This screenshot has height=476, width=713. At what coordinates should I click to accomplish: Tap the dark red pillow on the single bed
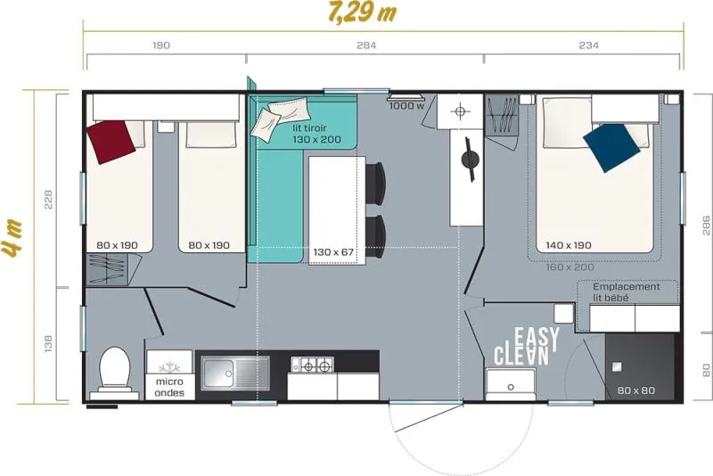point(111,142)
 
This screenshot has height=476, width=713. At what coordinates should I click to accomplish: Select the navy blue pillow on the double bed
point(611,147)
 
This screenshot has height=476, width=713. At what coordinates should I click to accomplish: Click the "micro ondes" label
point(169,388)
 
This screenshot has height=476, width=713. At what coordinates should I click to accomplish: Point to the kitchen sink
point(235,373)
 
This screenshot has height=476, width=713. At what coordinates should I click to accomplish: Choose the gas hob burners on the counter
point(312,365)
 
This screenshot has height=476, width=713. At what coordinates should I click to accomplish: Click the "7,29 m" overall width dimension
point(362,13)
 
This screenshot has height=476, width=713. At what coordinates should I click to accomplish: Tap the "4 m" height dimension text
point(12,244)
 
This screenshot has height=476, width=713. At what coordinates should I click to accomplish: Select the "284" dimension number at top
point(366,45)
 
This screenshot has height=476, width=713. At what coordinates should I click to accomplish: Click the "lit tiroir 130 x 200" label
point(316,134)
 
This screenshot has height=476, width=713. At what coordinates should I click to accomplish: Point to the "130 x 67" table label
point(333,252)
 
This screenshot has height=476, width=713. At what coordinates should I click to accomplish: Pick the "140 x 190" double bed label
point(569,245)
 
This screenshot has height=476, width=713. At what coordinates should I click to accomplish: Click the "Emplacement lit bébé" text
point(627,292)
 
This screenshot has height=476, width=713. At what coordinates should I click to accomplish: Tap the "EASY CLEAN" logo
point(527,347)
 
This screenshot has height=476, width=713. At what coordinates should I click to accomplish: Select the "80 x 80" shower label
point(635,390)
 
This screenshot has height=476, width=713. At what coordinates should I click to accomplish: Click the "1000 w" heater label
point(406,106)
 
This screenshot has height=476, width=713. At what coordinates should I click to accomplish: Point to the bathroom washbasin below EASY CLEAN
point(511,384)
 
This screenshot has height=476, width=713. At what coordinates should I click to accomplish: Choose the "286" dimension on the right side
point(706,226)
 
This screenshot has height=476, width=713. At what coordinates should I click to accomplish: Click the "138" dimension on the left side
point(49,344)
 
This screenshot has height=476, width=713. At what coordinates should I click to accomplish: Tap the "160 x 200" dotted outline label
point(570,267)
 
